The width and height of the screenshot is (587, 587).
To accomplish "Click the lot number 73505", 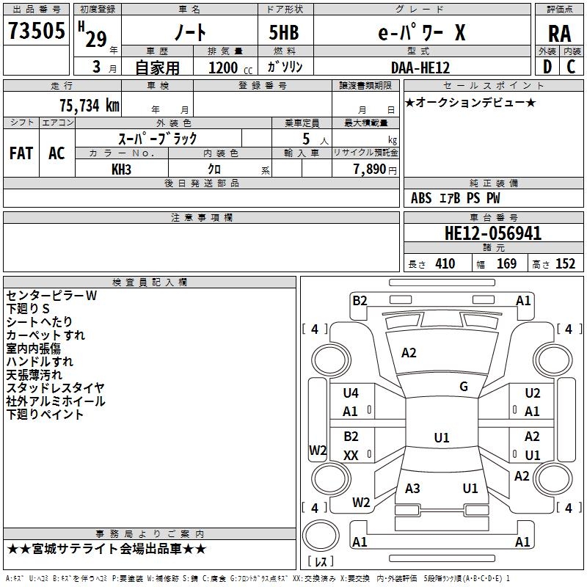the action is pos(37,30).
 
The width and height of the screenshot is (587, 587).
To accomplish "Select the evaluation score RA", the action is pos(559,34).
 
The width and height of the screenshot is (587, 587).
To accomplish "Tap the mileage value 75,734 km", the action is pos(89,105).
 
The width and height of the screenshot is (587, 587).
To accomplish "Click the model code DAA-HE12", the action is pos(420,68).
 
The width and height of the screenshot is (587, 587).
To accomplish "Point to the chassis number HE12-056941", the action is pos(493,233).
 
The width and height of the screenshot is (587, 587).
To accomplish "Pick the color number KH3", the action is pos(121,169).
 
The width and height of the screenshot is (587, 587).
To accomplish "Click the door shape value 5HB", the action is pos(284,32).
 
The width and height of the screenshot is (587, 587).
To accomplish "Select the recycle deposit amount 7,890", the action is pos(369,169).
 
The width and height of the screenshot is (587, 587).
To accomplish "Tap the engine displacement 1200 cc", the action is pos(230,68).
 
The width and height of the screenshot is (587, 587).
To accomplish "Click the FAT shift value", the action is pos(21,153).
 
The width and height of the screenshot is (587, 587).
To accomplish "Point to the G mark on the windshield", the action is pos(464,387).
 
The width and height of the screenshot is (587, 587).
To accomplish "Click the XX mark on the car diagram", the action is pos(351,455).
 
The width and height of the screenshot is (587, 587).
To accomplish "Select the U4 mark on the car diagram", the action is pos(351,393).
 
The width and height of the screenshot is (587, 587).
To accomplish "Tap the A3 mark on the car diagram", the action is pos(412,488).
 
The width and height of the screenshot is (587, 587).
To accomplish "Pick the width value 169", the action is pos(506,263).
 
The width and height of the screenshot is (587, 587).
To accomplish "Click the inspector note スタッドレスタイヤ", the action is pos(56,388).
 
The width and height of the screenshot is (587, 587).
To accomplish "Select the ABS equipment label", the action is pos(421,197).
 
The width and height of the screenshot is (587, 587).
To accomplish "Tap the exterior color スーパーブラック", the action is pos(158,139).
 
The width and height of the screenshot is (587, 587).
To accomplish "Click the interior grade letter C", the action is pos(571,67).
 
